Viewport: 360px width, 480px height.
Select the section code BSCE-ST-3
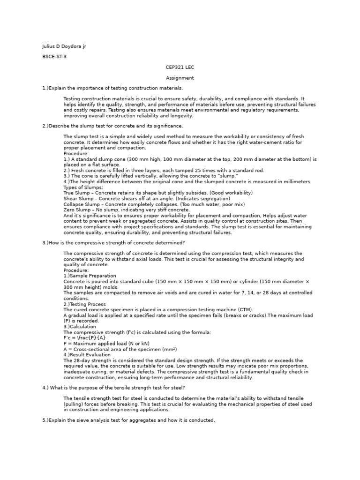click(x=54, y=56)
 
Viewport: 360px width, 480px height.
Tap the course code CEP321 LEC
click(x=180, y=67)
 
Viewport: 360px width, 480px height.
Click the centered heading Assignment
click(x=180, y=78)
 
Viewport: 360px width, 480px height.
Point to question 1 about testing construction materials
click(x=112, y=88)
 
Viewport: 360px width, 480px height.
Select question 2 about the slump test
click(x=112, y=126)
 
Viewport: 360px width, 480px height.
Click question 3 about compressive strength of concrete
click(x=113, y=242)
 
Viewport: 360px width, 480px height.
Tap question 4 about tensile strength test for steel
click(x=113, y=388)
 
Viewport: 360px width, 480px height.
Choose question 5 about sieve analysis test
click(x=128, y=420)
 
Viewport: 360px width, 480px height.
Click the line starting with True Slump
click(x=158, y=193)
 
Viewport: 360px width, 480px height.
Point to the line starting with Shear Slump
click(x=147, y=199)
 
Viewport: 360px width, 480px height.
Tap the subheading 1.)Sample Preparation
click(x=90, y=276)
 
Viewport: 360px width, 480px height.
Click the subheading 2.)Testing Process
click(x=84, y=304)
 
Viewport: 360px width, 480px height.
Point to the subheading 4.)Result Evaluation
click(x=87, y=355)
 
